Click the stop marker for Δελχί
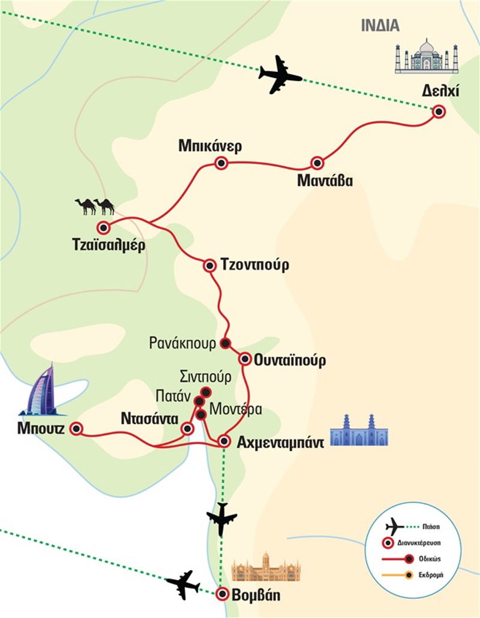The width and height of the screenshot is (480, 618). tap(439, 112)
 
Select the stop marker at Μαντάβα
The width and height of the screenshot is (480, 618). tap(317, 163)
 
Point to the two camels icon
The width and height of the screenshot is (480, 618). tap(95, 206)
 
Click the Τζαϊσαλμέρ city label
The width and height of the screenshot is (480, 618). tap(108, 246)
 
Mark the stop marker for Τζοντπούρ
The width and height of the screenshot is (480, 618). tap(210, 265)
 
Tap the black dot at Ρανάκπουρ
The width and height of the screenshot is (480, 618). tap(226, 343)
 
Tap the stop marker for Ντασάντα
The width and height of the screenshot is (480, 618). tap(187, 428)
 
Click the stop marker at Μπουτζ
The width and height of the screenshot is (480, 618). tap(76, 428)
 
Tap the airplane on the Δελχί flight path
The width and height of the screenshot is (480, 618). tap(280, 74)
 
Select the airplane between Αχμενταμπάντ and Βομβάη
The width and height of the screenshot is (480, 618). tap(221, 518)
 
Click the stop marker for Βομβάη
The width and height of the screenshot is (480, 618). tap(223, 594)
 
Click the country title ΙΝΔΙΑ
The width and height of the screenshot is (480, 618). tap(380, 26)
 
